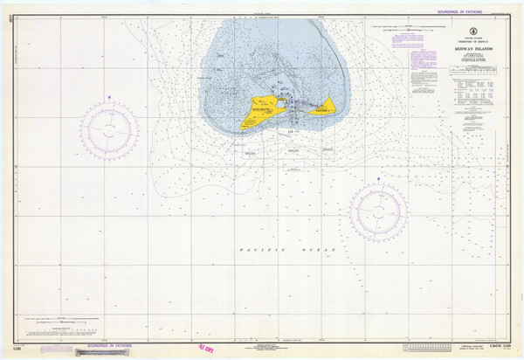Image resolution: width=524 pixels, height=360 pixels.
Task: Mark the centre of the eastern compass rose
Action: (x=379, y=211)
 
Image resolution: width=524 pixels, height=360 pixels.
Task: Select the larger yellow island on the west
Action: (x=253, y=112)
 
